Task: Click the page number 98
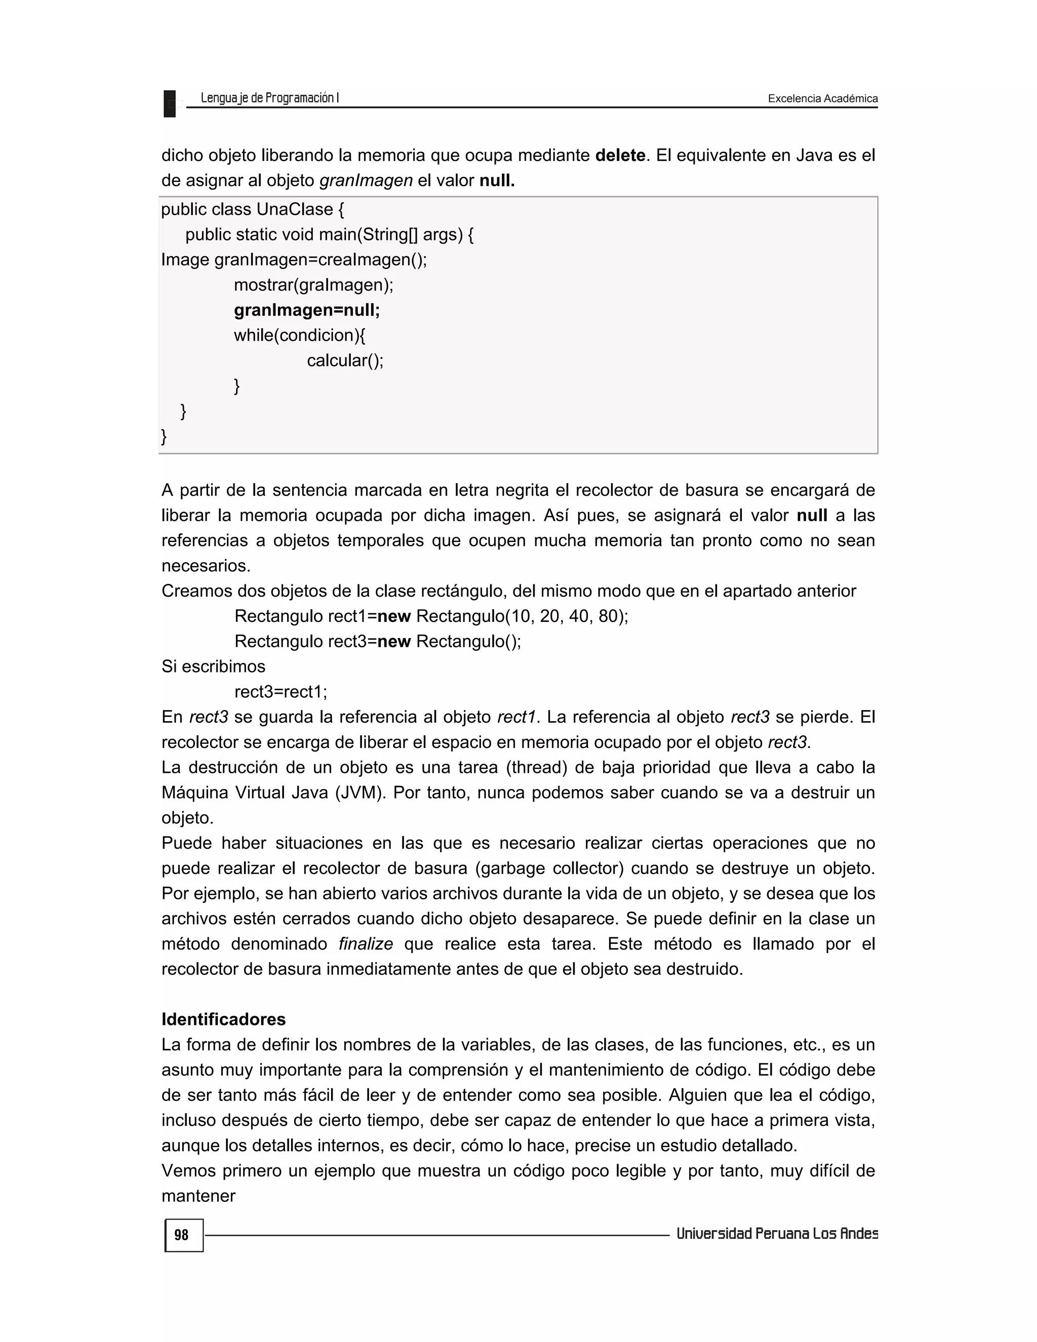[182, 1235]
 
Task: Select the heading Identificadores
[224, 1019]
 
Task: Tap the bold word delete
[620, 155]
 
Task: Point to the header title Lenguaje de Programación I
[270, 98]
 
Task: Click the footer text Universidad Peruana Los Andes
[777, 1234]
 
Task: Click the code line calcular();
[345, 361]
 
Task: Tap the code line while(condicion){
[299, 335]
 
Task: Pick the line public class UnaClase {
[253, 210]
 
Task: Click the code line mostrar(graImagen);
[313, 285]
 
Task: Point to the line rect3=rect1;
[281, 692]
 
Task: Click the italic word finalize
[366, 944]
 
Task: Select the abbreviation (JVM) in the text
[360, 793]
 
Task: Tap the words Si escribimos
[213, 667]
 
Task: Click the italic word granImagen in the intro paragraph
[366, 181]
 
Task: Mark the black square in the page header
[170, 103]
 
